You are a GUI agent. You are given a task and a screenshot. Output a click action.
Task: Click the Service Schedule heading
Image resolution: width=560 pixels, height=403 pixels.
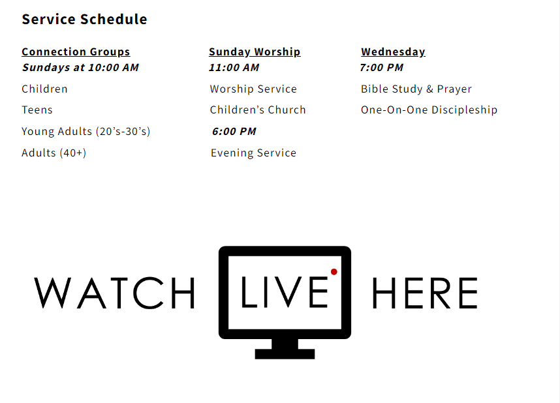[x=84, y=20]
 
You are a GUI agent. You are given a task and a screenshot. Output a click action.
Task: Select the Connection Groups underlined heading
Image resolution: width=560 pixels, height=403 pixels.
[x=76, y=52]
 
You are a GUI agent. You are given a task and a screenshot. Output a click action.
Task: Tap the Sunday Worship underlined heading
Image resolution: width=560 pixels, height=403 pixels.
[x=255, y=52]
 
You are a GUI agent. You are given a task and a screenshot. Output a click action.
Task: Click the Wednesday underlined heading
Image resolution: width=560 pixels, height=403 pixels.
[x=393, y=52]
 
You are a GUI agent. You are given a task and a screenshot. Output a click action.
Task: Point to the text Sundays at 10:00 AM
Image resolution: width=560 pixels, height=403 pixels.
[x=80, y=67]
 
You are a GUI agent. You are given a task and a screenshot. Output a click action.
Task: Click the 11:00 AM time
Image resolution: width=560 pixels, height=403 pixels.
[x=234, y=67]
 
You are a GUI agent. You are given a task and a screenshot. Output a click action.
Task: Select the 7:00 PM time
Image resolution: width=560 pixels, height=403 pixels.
[x=381, y=67]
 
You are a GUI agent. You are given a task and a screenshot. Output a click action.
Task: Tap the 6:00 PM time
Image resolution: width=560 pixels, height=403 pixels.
[x=234, y=131]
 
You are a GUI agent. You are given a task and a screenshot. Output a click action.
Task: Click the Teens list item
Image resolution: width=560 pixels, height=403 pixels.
[x=37, y=110]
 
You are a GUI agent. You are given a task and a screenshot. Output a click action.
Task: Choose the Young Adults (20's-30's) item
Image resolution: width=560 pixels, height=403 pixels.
[x=86, y=131]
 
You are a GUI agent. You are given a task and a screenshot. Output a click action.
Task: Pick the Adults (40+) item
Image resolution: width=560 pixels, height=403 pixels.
[x=54, y=153]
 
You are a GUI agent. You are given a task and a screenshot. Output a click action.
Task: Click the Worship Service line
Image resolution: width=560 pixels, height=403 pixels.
[x=253, y=89]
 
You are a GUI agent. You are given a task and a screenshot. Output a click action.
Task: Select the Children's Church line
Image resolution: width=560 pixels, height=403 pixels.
[x=258, y=110]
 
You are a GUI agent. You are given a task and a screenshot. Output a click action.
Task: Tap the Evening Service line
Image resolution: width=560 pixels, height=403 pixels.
[x=254, y=153]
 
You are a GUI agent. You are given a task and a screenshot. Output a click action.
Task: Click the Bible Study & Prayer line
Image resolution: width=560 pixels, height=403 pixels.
[x=416, y=89]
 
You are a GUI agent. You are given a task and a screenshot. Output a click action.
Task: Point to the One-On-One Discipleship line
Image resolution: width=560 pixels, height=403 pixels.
[x=429, y=110]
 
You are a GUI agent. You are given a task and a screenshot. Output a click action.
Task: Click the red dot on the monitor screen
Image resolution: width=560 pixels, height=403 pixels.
[x=334, y=272]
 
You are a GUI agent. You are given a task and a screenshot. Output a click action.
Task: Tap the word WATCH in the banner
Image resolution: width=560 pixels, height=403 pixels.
[x=114, y=293]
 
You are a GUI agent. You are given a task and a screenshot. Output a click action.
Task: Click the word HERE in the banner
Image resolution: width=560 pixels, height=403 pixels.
[x=425, y=293]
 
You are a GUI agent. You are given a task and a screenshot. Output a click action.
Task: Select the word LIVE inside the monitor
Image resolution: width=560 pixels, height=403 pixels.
[x=285, y=292]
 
